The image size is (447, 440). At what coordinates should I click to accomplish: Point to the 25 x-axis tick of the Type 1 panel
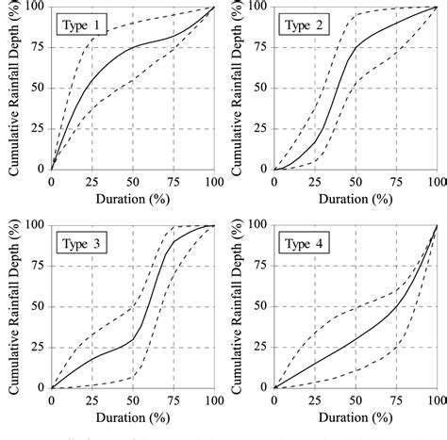(x=91, y=181)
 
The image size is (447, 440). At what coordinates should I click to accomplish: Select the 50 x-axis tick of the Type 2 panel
(x=355, y=181)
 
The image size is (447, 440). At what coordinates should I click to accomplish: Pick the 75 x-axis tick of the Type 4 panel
(x=396, y=400)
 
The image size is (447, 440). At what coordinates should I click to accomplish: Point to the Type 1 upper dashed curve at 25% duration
(x=91, y=39)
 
